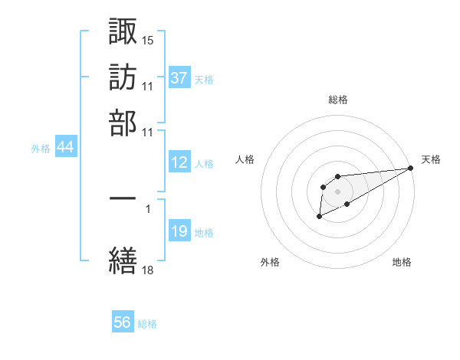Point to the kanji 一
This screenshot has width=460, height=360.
coord(123,197)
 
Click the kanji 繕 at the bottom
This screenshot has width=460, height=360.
coord(123,259)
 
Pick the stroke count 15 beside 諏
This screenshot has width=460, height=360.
coord(148,38)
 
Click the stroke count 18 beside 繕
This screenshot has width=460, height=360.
coord(148,269)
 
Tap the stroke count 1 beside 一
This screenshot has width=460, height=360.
coord(147,207)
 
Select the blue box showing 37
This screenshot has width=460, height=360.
coord(179,77)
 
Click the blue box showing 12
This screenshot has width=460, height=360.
coord(179,162)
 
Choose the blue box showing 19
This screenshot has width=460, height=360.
coord(179,231)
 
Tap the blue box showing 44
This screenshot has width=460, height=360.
coord(65,148)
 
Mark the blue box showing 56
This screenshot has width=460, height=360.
coord(123,322)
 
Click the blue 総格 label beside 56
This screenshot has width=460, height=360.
coord(147,324)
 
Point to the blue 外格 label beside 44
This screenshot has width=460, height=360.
coord(41,149)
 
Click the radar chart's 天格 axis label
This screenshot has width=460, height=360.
coord(431,159)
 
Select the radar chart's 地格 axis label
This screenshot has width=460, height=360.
coord(402,262)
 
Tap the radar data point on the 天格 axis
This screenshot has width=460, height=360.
coord(411,168)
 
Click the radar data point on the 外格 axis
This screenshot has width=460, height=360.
coord(319,217)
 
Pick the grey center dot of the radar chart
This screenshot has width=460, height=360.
coord(337,191)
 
